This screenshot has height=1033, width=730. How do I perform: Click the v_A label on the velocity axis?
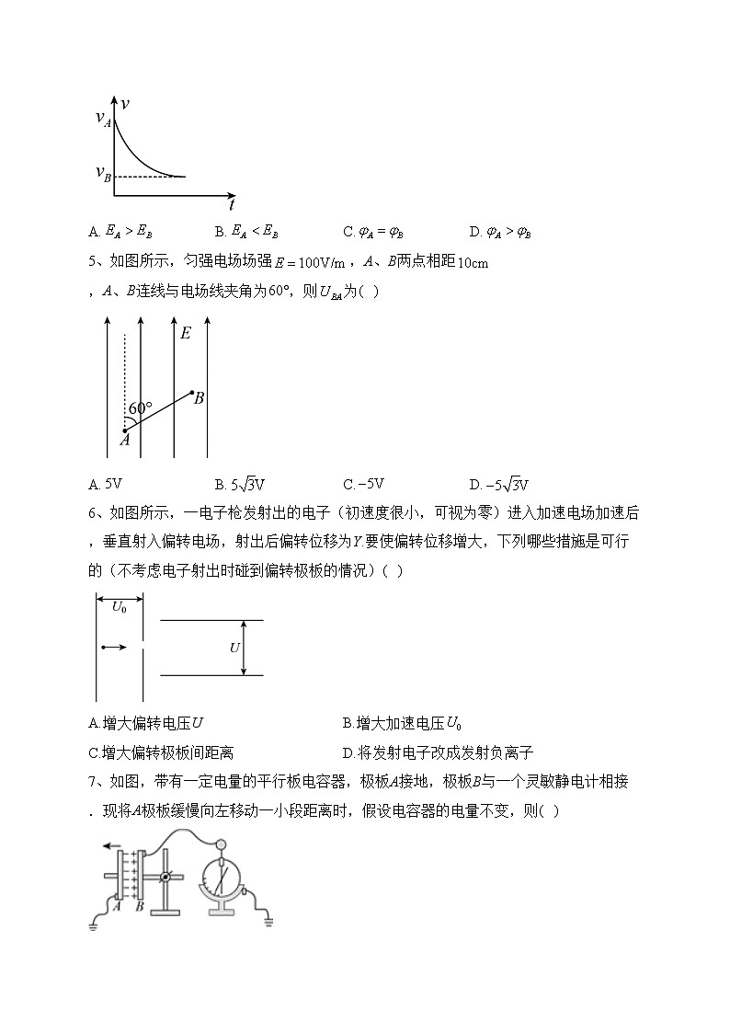102,118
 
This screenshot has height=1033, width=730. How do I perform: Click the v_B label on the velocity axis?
102,173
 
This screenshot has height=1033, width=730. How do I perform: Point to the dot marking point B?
192,394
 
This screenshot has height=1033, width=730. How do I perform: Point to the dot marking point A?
125,430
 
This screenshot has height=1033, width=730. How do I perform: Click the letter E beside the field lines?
186,333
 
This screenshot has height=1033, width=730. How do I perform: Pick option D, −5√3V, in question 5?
497,485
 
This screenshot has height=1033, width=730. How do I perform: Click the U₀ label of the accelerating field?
120,606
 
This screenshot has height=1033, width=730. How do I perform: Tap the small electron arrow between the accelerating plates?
114,648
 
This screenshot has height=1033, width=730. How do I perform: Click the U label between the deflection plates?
234,648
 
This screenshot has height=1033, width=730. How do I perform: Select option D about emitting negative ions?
438,752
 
